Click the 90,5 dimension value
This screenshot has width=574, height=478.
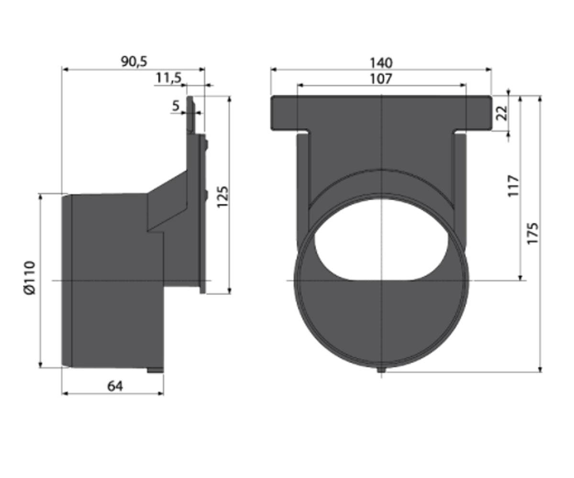pyautogui.click(x=134, y=62)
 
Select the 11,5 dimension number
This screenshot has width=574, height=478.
pyautogui.click(x=169, y=78)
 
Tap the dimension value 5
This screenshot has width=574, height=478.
pyautogui.click(x=176, y=106)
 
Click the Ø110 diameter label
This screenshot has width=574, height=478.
pyautogui.click(x=30, y=278)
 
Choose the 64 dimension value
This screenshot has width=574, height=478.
pyautogui.click(x=115, y=386)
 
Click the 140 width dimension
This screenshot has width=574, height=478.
pyautogui.click(x=381, y=63)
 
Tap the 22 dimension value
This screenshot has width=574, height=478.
pyautogui.click(x=502, y=113)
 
